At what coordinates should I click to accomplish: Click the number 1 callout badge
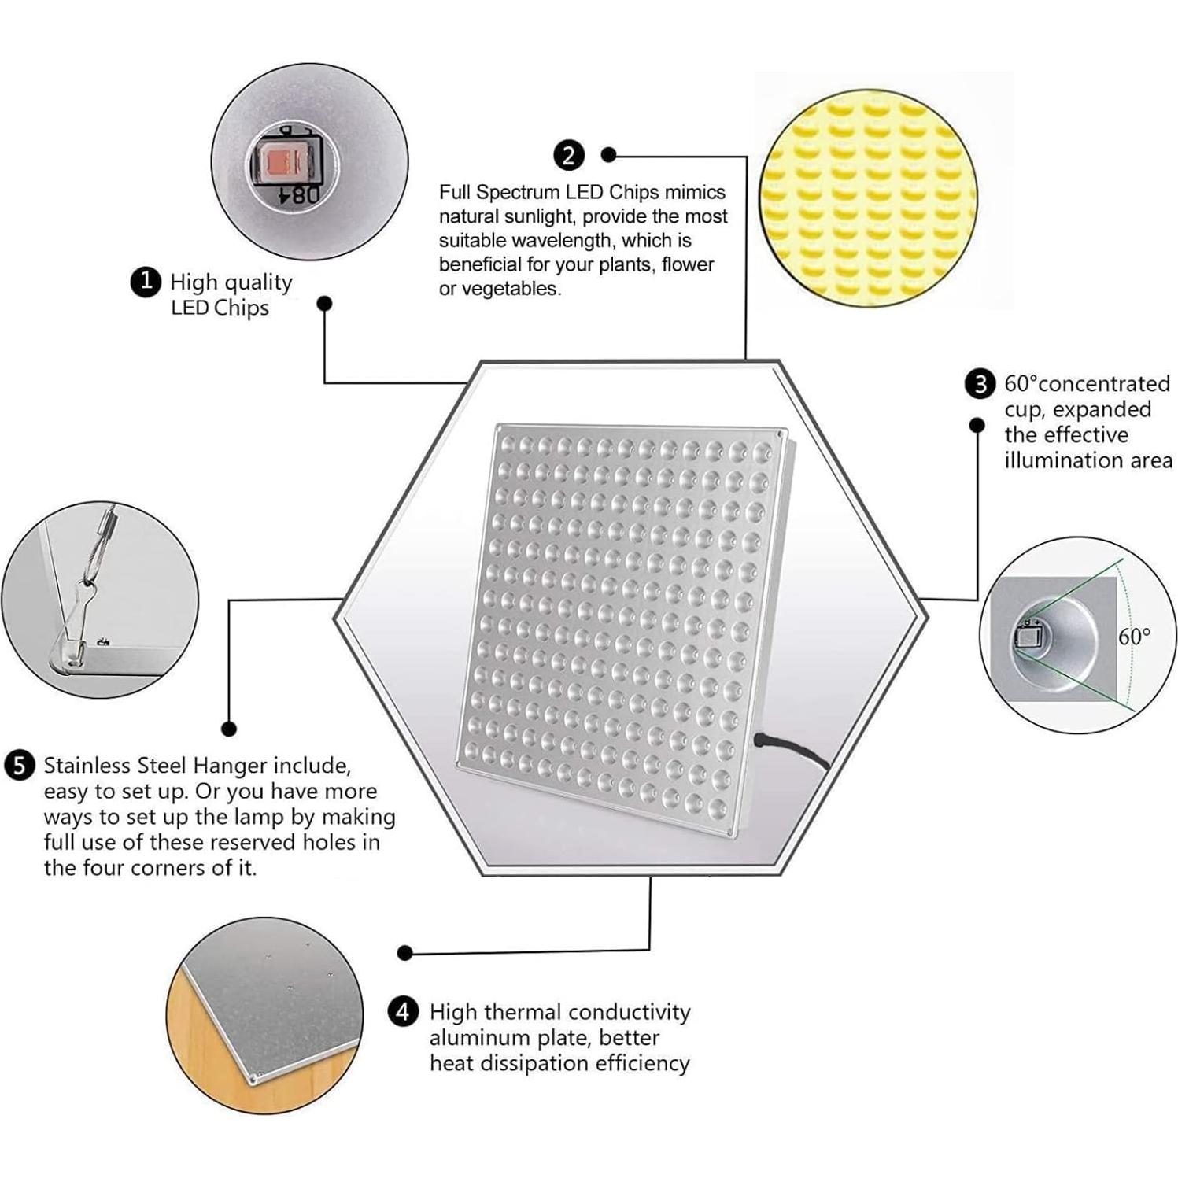(x=146, y=282)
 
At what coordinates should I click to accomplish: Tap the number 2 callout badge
(x=569, y=155)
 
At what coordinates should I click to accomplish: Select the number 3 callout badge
(x=980, y=384)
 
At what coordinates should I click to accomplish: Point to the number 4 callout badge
(x=404, y=1011)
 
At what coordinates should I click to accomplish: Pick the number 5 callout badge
(x=20, y=766)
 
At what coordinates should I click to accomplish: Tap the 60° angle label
(x=1134, y=636)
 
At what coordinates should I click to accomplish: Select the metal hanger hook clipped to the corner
(x=79, y=622)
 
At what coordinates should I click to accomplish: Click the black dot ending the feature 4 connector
(x=405, y=953)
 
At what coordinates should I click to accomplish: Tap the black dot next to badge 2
(x=608, y=155)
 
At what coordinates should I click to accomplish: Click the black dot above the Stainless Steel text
(x=229, y=729)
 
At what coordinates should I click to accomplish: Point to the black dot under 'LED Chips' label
(x=324, y=304)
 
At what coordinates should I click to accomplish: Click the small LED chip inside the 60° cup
(x=1027, y=634)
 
